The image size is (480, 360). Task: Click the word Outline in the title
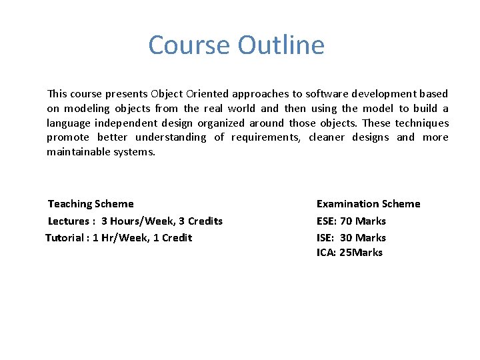point(281,45)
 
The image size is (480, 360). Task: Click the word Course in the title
point(190,45)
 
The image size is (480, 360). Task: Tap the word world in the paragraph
point(241,108)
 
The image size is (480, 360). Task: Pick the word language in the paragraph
point(68,123)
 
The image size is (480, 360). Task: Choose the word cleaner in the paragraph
point(327,137)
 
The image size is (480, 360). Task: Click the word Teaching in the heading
point(69,204)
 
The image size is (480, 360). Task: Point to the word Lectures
point(68,221)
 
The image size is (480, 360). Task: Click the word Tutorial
point(65,238)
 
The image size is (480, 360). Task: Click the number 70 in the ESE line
point(346,221)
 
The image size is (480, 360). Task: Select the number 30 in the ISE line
point(346,238)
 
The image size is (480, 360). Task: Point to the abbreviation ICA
point(325,253)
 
